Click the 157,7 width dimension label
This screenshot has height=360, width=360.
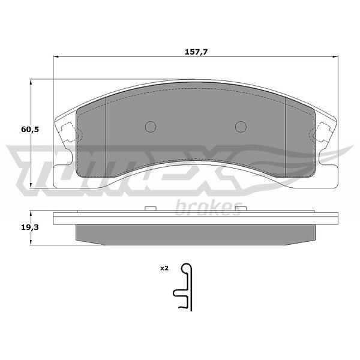point(196,52)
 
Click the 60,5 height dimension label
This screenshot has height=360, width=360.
point(30,130)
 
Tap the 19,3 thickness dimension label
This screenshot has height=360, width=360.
point(30,227)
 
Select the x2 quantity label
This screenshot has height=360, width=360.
point(164,268)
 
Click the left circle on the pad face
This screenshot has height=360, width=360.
point(151,127)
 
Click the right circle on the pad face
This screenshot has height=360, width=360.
point(241,127)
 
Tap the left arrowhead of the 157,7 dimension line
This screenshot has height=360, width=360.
point(56,56)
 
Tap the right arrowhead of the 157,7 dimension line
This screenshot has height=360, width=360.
point(335,56)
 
